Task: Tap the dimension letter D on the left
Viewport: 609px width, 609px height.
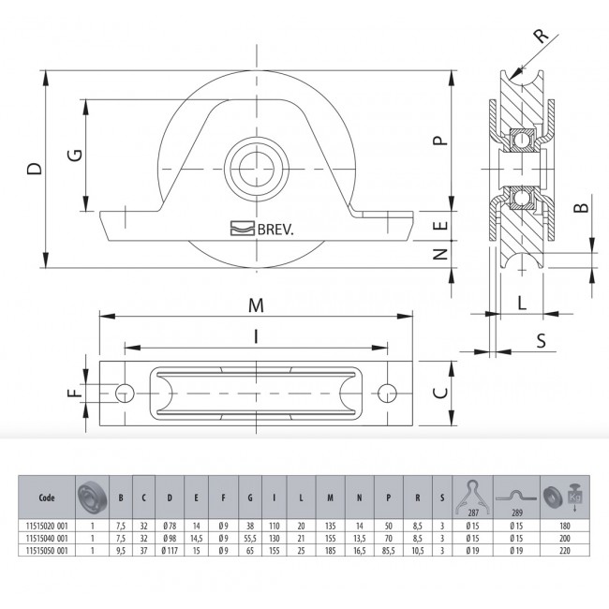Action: click(34, 169)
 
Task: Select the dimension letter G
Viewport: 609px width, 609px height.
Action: click(75, 155)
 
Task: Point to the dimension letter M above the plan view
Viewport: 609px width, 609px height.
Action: click(256, 305)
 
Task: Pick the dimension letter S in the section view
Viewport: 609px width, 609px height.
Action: click(541, 341)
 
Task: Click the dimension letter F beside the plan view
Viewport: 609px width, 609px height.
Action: click(75, 394)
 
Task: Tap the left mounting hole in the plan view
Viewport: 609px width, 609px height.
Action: click(125, 394)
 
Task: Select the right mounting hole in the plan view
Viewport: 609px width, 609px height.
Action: click(387, 394)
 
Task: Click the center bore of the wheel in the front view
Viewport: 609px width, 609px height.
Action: click(257, 169)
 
